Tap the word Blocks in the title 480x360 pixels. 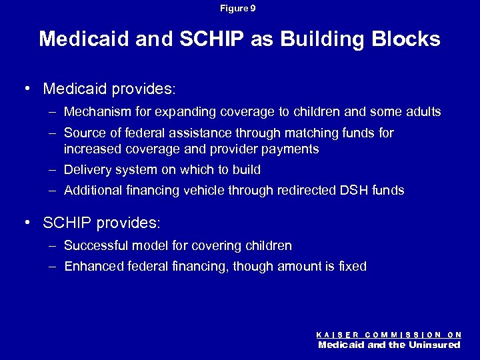[407, 39]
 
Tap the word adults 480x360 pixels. [423, 112]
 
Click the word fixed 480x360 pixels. [351, 267]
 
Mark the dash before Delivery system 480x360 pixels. [53, 170]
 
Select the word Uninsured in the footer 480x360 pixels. [435, 345]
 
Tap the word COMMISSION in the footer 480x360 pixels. [403, 335]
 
